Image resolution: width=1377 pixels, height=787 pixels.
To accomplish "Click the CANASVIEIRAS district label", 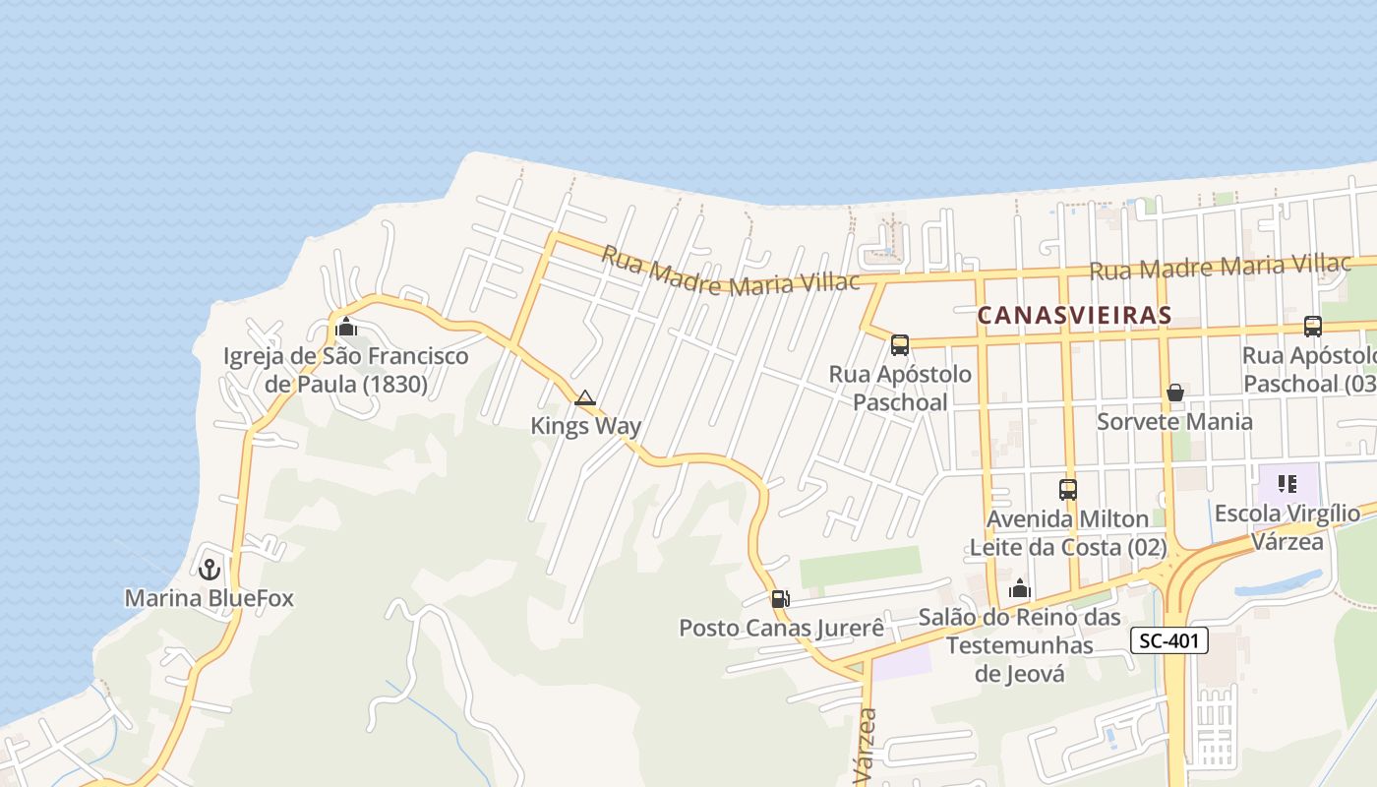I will pyautogui.click(x=1074, y=315).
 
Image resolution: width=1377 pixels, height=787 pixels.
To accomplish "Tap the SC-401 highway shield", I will pyautogui.click(x=1168, y=641).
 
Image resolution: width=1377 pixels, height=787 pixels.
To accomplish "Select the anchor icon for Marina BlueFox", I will pyautogui.click(x=209, y=569).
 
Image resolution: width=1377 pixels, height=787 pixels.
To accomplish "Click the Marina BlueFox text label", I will pyautogui.click(x=209, y=598).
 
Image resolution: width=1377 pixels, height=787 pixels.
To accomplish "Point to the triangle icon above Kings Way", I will pyautogui.click(x=585, y=398).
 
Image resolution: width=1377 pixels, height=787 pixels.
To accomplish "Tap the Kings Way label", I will pyautogui.click(x=585, y=426).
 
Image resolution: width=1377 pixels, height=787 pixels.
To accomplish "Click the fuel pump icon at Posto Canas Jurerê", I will pyautogui.click(x=780, y=598).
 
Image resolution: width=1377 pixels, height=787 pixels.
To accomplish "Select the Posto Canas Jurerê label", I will pyautogui.click(x=782, y=628).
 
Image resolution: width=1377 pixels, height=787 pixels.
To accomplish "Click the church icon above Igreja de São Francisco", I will pyautogui.click(x=345, y=327).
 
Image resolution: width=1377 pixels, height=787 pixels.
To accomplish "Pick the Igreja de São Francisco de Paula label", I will pyautogui.click(x=345, y=370).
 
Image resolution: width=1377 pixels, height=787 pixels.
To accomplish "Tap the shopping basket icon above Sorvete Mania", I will pyautogui.click(x=1174, y=393).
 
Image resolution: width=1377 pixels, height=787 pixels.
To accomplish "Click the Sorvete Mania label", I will pyautogui.click(x=1174, y=422).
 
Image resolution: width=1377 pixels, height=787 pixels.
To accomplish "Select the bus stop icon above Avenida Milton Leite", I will pyautogui.click(x=1068, y=489).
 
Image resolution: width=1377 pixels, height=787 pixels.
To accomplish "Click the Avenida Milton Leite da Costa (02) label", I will pyautogui.click(x=1068, y=532).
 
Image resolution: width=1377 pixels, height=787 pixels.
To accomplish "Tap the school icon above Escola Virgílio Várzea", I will pyautogui.click(x=1287, y=483).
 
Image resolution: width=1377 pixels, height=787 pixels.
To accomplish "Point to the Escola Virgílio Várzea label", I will pyautogui.click(x=1287, y=527).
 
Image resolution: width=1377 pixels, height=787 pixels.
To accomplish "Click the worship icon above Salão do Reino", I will pyautogui.click(x=1020, y=588).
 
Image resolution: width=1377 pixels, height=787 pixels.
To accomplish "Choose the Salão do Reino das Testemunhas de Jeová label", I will pyautogui.click(x=1020, y=645).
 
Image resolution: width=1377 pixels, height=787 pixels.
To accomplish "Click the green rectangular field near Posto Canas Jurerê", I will pyautogui.click(x=860, y=567).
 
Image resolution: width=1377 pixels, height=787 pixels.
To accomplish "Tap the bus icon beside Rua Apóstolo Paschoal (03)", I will pyautogui.click(x=1312, y=327).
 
